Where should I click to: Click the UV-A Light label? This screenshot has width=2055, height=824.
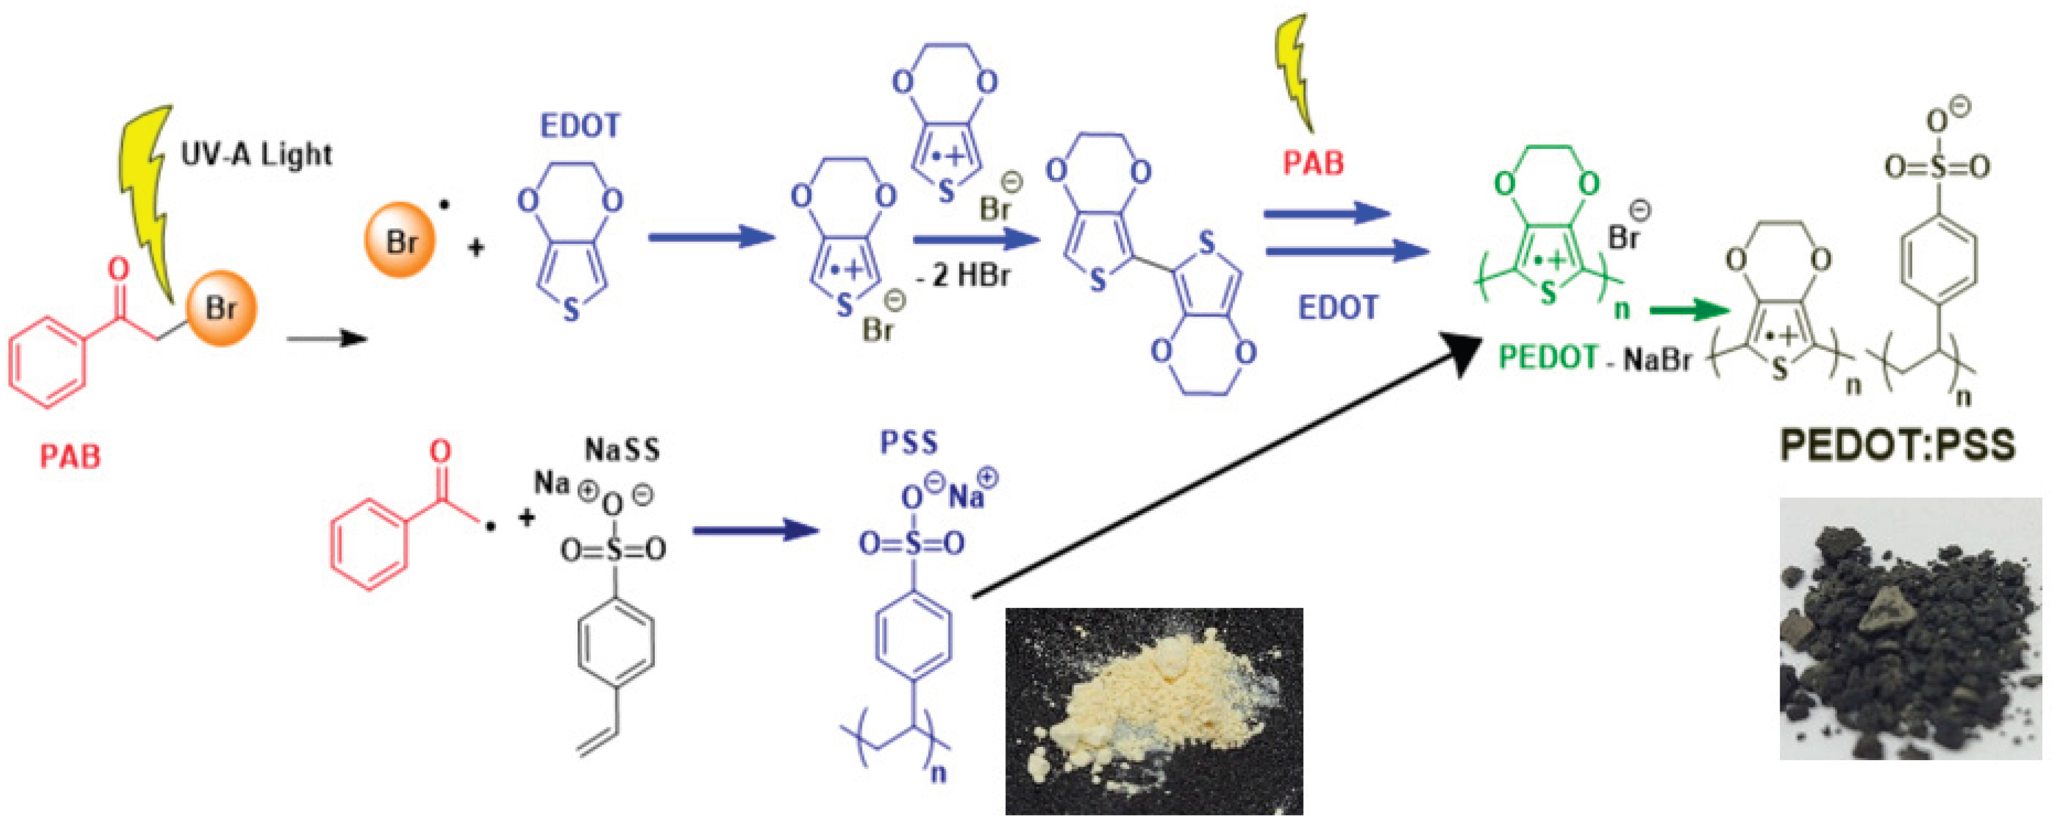255,154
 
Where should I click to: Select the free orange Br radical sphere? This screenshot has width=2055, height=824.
400,241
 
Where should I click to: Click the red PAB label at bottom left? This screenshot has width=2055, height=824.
70,456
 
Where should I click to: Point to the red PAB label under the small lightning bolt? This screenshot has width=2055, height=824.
1313,163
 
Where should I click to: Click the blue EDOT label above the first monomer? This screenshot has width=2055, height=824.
580,126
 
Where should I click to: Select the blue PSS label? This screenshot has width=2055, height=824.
909,443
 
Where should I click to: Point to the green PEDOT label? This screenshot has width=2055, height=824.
1547,358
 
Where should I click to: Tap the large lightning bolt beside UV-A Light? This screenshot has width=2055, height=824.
148,199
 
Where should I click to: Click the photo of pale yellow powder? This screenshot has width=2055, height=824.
1154,710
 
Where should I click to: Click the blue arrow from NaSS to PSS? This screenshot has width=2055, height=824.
755,530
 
